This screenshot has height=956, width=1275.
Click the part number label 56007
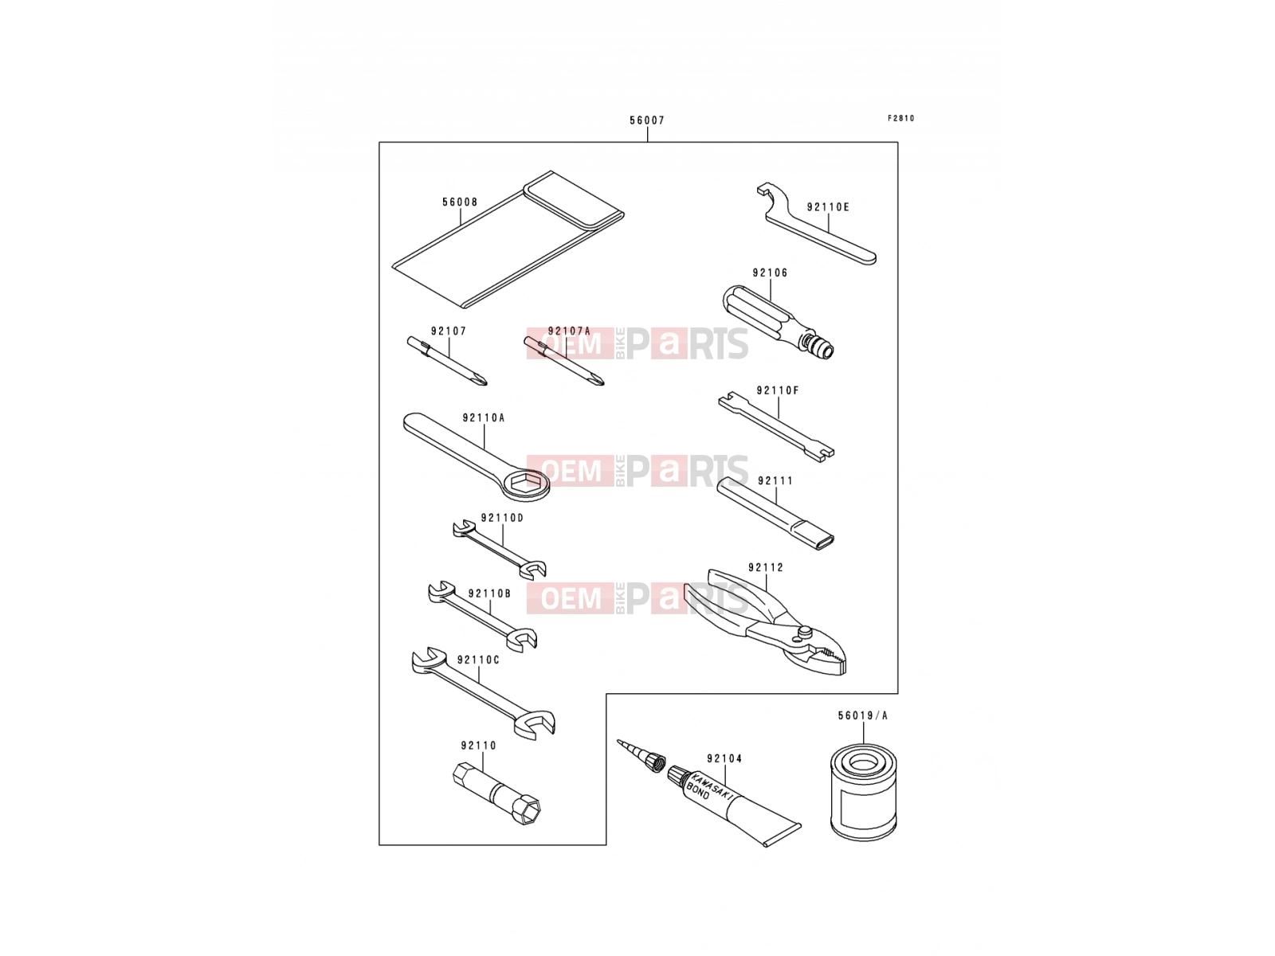(x=646, y=121)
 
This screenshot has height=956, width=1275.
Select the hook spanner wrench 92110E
(x=816, y=224)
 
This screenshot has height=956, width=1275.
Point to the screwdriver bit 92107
(x=447, y=361)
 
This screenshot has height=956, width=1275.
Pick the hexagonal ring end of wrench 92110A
(x=526, y=484)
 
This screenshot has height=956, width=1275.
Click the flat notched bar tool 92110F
(x=776, y=427)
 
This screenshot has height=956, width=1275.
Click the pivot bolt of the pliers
(x=805, y=632)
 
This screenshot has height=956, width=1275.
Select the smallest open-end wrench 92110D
(x=500, y=549)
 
